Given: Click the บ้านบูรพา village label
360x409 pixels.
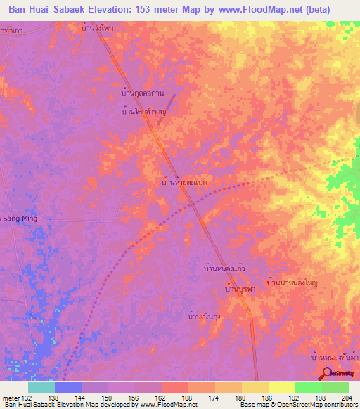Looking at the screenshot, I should pos(238,289).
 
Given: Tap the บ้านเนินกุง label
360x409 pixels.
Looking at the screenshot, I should pos(205,316).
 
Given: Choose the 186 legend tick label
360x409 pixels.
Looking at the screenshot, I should pos(267,398).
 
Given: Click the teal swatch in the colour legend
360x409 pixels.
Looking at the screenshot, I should pos(41,387).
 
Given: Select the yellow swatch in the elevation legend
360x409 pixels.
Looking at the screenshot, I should pos(281,387).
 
